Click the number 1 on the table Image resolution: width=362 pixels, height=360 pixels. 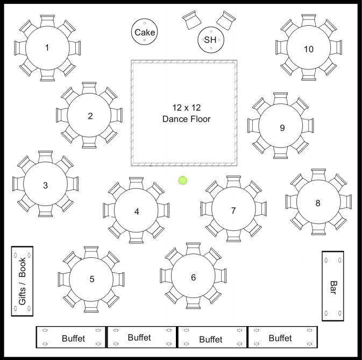click(x=47, y=48)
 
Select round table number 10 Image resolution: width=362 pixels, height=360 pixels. click(x=308, y=49)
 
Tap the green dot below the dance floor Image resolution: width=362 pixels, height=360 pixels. click(x=183, y=181)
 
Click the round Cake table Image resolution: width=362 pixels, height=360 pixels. click(x=145, y=32)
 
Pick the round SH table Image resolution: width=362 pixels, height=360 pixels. click(x=210, y=40)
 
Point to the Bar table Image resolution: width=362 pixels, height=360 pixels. click(x=333, y=286)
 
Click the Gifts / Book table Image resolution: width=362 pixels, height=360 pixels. click(x=22, y=281)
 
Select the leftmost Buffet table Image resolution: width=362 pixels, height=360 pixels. click(x=71, y=337)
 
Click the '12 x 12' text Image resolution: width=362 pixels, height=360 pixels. click(x=186, y=108)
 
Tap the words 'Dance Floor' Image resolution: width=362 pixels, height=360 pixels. click(x=186, y=119)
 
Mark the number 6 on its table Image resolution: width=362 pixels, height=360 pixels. click(x=193, y=278)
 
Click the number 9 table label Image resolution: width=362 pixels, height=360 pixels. click(x=282, y=128)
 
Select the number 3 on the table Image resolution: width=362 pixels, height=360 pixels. click(x=45, y=186)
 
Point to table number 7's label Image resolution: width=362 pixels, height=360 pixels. click(x=233, y=210)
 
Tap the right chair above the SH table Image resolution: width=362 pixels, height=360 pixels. click(x=225, y=20)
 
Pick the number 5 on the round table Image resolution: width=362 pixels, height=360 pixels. click(x=92, y=279)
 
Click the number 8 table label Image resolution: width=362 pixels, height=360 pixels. click(x=318, y=203)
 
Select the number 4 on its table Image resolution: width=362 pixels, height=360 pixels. click(x=137, y=212)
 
